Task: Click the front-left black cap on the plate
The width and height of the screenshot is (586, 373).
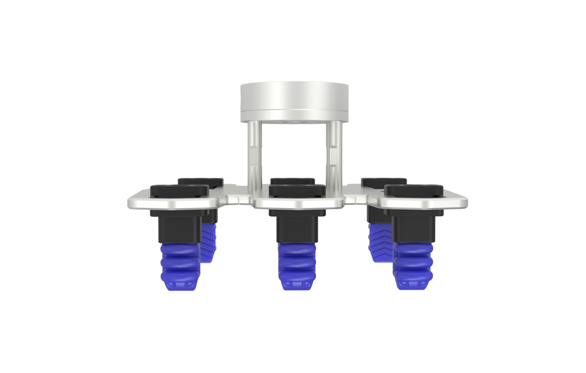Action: tap(179, 191)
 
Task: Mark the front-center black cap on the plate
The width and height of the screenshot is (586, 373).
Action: tap(297, 191)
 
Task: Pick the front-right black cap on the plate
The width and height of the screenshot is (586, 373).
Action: tap(414, 191)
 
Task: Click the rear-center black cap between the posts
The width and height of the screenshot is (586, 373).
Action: tap(293, 180)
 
